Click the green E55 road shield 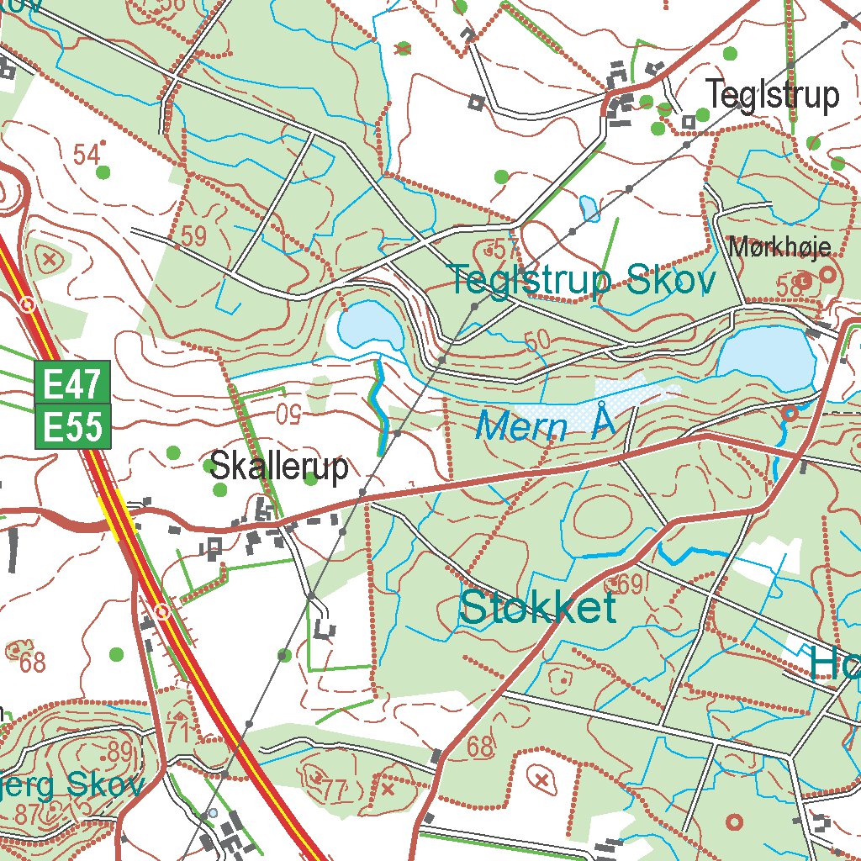click(x=72, y=427)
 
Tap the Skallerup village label click(x=278, y=467)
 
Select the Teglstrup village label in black click(x=772, y=96)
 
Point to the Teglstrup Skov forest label click(x=582, y=282)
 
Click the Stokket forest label click(x=538, y=608)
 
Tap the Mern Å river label click(x=545, y=426)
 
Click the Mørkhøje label click(x=779, y=247)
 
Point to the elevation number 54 click(x=87, y=155)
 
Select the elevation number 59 click(x=193, y=237)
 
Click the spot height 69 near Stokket click(x=630, y=584)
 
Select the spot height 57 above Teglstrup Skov click(x=503, y=249)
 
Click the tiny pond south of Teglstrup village click(x=589, y=208)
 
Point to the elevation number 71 click(x=177, y=732)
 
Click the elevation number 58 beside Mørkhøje click(x=790, y=287)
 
